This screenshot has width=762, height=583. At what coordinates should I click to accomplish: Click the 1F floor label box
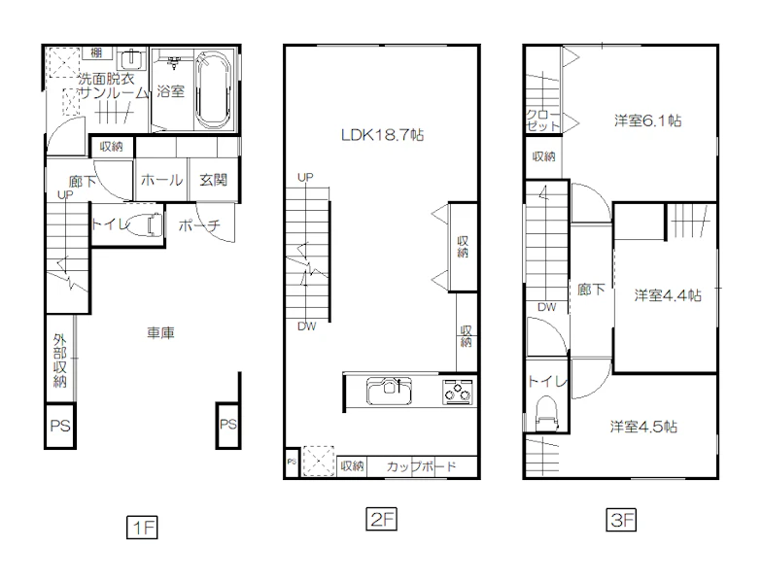click(x=142, y=527)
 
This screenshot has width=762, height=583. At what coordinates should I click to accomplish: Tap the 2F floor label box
click(x=381, y=519)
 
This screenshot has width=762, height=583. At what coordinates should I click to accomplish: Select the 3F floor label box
click(x=621, y=520)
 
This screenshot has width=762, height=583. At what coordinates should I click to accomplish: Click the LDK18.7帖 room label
click(x=383, y=134)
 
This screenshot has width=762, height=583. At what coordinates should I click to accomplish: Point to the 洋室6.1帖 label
click(x=647, y=120)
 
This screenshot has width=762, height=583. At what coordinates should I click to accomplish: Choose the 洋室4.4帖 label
click(x=668, y=295)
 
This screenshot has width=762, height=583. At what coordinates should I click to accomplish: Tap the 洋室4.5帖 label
click(x=643, y=427)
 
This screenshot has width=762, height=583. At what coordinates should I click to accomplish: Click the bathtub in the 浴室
click(x=214, y=89)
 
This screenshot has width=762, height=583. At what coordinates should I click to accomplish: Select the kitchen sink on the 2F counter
click(x=389, y=391)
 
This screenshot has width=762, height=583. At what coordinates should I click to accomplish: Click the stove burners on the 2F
click(x=457, y=391)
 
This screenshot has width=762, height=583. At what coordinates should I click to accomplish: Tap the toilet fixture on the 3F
click(x=546, y=414)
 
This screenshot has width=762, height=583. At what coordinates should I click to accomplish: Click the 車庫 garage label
click(x=161, y=332)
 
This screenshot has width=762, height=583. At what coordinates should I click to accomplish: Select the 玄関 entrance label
click(x=214, y=180)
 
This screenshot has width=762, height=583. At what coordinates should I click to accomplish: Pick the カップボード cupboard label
click(x=422, y=466)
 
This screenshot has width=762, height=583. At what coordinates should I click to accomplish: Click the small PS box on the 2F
click(x=292, y=463)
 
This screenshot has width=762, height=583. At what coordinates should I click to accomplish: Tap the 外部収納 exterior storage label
click(x=60, y=360)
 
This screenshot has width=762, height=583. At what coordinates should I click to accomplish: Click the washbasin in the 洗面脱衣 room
click(x=131, y=60)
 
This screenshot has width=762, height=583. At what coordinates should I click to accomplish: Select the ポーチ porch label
click(x=199, y=225)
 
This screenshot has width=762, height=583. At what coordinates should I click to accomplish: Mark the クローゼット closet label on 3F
click(x=542, y=120)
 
